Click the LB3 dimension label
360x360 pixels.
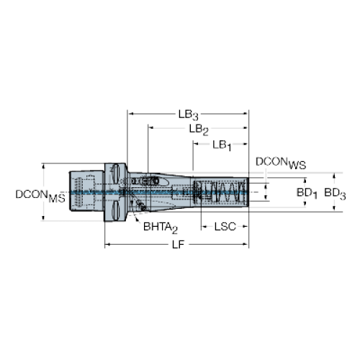(x=189, y=115)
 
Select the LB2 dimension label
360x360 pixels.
(x=199, y=130)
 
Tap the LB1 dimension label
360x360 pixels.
(x=222, y=145)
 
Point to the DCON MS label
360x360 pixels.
(x=40, y=196)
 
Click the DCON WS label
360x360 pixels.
(x=281, y=163)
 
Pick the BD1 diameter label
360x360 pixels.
(x=307, y=194)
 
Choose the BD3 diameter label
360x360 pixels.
(x=335, y=194)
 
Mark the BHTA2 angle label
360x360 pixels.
(x=161, y=228)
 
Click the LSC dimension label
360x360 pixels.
(x=225, y=227)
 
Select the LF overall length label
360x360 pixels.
(x=178, y=245)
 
